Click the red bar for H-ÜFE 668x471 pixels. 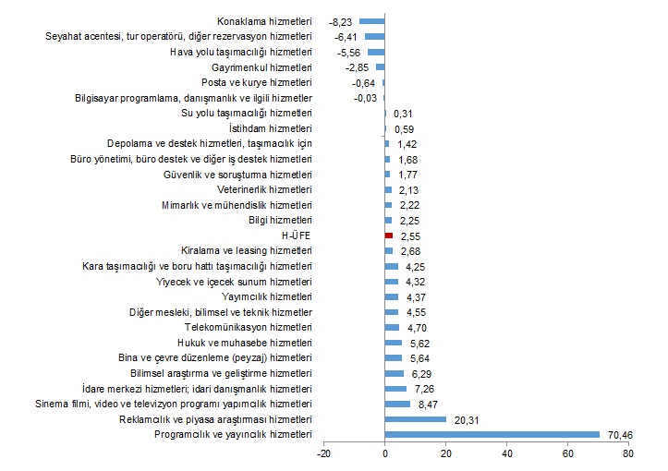coord(389,235)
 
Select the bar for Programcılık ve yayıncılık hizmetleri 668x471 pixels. coord(492,434)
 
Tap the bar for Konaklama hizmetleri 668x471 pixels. coord(372,20)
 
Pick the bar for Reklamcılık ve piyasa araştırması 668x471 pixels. coord(416,418)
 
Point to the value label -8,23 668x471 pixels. coord(342,20)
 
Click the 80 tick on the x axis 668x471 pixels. coord(628,453)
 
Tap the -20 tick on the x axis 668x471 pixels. coord(323,453)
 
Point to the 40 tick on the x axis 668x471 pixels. coord(506,453)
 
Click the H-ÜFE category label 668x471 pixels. coord(297,235)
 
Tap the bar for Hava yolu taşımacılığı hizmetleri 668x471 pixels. coord(376,52)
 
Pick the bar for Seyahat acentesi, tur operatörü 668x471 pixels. coord(375,36)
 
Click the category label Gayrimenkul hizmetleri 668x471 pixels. coord(261,67)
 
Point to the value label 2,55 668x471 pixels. coord(408,235)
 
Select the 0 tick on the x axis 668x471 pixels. coord(385,453)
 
